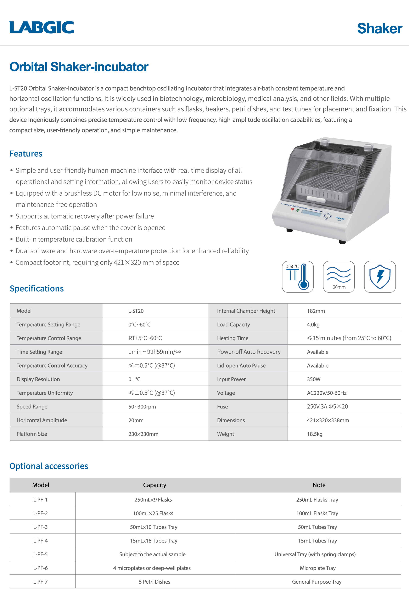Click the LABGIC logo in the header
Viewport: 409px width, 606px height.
tap(42, 27)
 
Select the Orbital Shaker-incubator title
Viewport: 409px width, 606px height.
tap(79, 67)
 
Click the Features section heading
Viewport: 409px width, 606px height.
tap(26, 154)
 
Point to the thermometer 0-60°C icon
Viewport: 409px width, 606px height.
tap(298, 277)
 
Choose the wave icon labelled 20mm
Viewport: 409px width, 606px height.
tap(339, 277)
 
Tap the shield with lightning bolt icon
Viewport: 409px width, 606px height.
tap(380, 277)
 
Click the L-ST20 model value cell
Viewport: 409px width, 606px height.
tap(136, 311)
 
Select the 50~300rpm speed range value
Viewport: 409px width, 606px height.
tap(142, 407)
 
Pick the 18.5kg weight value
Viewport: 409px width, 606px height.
tap(315, 434)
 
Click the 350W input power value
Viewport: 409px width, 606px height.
tap(314, 379)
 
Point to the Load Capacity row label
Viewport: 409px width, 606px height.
tap(233, 324)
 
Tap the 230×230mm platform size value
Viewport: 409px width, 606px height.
tap(143, 434)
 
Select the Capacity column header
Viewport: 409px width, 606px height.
tap(154, 485)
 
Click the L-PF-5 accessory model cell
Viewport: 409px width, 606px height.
tap(40, 554)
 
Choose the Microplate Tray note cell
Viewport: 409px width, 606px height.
tap(317, 568)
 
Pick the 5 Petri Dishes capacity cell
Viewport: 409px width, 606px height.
tap(154, 582)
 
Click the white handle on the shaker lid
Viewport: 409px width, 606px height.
tap(316, 199)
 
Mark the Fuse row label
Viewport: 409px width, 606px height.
tap(222, 407)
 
